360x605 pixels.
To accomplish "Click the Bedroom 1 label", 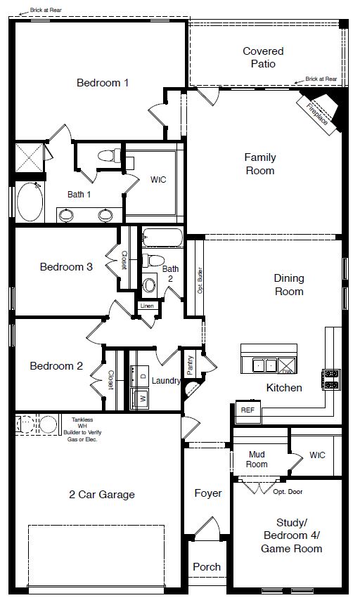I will click(103, 83).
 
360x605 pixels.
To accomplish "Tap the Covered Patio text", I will click(263, 57).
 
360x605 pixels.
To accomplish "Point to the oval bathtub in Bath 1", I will click(28, 202).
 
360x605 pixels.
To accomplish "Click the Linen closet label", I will click(146, 306).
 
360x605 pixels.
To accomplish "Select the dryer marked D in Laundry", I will click(143, 377).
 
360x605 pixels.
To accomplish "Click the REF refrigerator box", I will click(247, 410).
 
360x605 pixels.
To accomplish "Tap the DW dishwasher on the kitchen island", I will click(287, 366).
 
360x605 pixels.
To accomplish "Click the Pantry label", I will click(190, 365).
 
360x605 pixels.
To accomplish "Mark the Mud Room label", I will click(257, 459).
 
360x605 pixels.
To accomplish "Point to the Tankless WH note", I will click(82, 429).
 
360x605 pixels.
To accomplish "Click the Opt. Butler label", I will click(200, 280).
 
